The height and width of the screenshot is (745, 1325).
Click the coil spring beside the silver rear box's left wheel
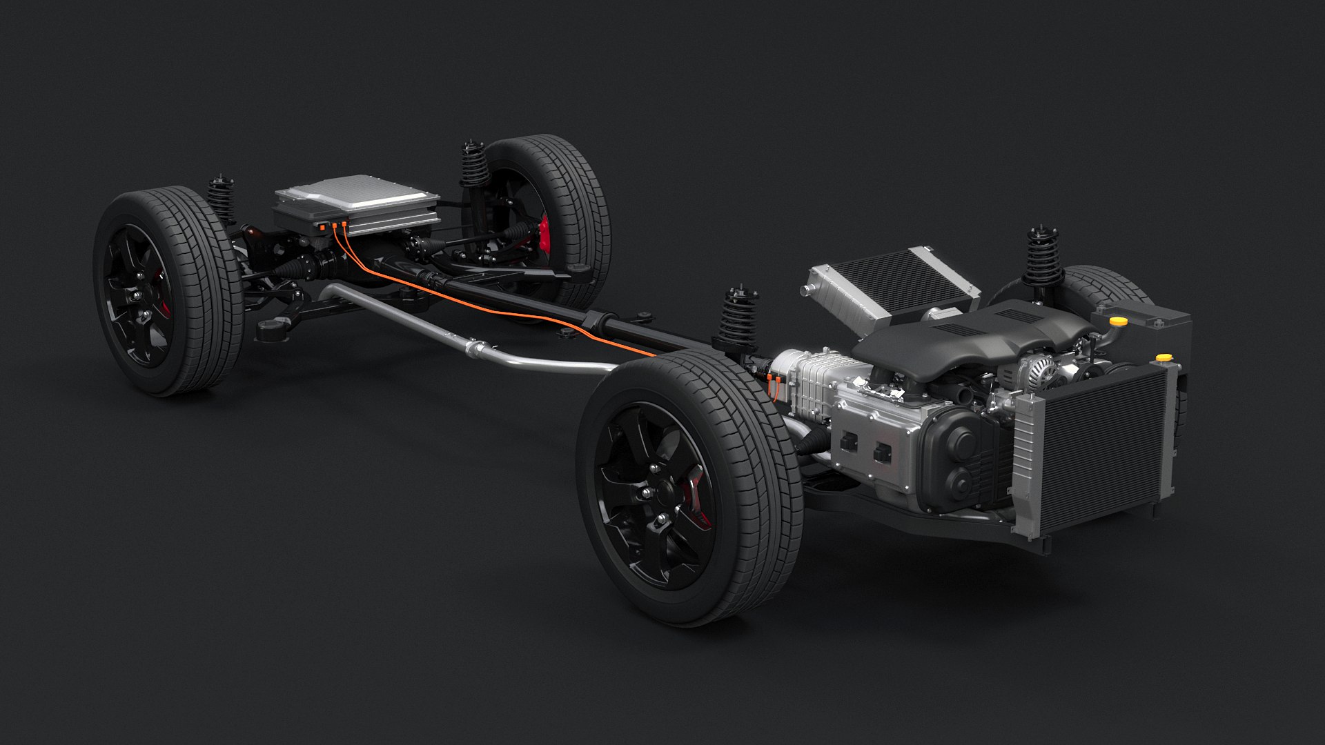[x=221, y=200]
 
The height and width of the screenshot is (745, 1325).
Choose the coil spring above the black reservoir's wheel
[x=1043, y=259]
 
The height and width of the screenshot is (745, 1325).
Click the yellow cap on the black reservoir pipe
[x=1117, y=321]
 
